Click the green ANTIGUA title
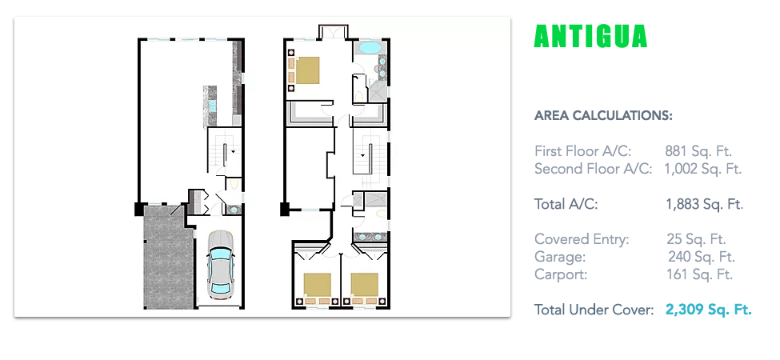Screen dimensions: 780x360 590,36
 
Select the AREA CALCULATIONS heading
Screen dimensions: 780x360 603,116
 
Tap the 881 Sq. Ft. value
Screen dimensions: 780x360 698,151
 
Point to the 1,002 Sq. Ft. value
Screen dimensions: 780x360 703,169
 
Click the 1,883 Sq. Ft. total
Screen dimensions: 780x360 704,204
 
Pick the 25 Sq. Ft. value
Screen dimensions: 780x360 697,239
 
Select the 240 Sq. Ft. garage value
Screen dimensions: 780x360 702,257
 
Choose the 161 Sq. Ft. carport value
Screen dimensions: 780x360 699,274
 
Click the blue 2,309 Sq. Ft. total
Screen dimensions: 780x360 708,310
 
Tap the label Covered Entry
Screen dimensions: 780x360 582,240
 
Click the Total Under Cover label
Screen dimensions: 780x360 594,310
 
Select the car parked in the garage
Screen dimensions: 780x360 220,266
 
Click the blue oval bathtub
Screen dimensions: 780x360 370,48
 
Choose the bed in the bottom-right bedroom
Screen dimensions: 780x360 364,288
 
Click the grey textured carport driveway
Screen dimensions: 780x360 168,257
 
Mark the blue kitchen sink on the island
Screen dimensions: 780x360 213,106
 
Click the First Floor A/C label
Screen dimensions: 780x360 583,151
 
